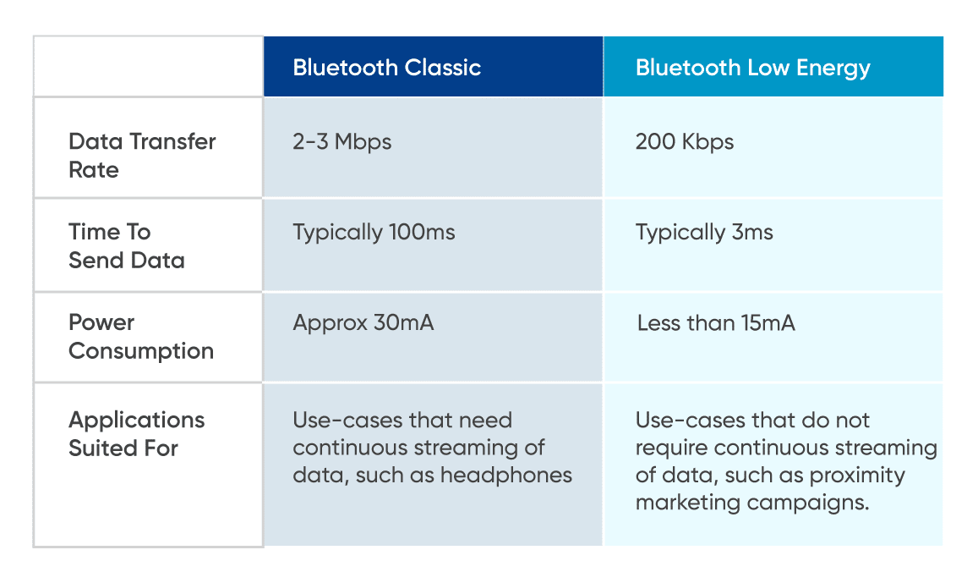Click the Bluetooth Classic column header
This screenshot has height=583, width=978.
point(386,68)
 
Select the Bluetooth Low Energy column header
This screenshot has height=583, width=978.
point(752,68)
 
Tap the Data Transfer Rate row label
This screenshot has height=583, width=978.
point(142,155)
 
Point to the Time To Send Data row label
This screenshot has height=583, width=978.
point(126,245)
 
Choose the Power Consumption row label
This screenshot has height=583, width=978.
point(140,336)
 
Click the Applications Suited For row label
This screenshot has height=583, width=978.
point(136,433)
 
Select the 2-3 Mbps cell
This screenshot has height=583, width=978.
point(342,141)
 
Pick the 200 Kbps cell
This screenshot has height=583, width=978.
point(685,141)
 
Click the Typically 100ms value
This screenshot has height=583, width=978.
point(374,232)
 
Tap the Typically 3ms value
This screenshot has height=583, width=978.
point(704,232)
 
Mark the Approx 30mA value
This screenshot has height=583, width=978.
point(363,322)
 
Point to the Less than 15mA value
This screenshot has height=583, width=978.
point(716,322)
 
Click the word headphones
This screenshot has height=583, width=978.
point(514,475)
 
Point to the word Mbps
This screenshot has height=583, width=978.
point(363,141)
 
